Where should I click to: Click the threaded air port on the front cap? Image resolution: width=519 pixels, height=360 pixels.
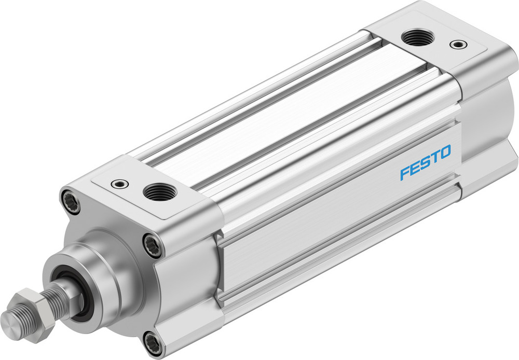159,192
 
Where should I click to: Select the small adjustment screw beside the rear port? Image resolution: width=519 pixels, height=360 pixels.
457,45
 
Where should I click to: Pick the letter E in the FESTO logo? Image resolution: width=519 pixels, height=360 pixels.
415,168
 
